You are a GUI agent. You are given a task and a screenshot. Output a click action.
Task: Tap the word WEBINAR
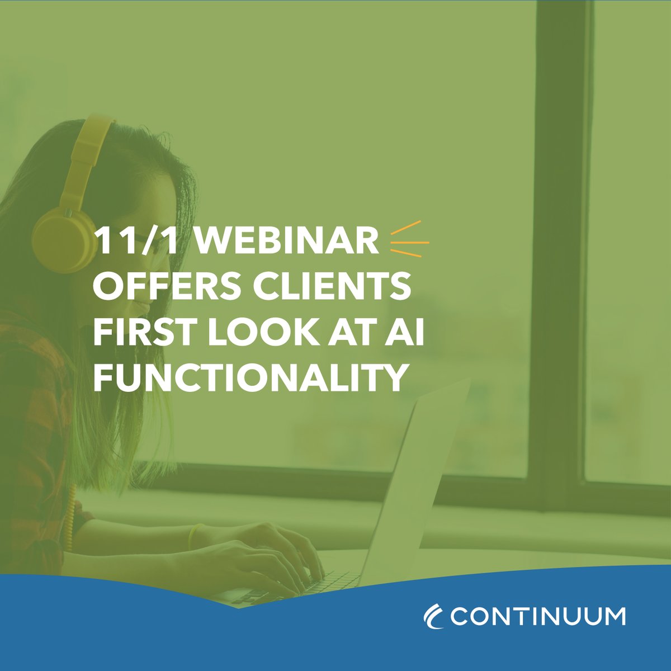tap(289, 242)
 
